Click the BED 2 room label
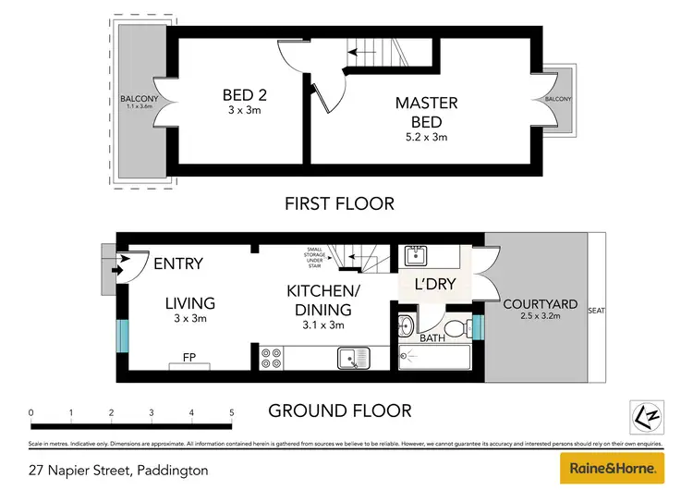[244, 94]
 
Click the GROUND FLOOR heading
[340, 410]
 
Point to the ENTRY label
[178, 264]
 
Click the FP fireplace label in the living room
[188, 356]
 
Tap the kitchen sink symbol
[352, 357]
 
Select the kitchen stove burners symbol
[271, 357]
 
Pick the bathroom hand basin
[406, 326]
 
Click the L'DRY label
[434, 284]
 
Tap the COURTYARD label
[540, 304]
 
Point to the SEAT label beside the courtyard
[596, 311]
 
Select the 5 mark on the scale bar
[231, 412]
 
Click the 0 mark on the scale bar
[31, 412]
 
